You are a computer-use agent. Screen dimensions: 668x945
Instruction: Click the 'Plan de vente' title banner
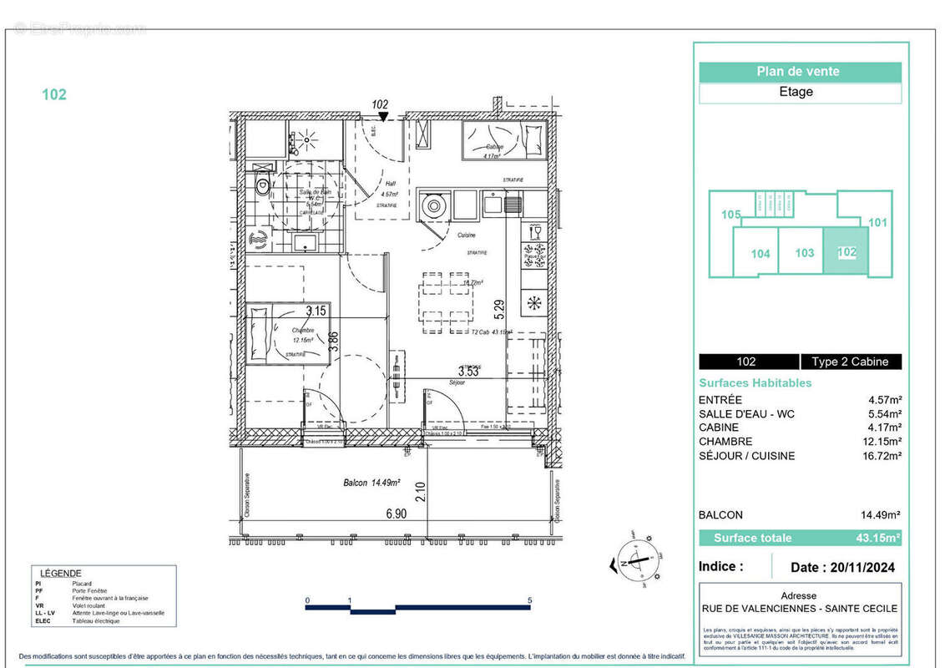pyautogui.click(x=799, y=72)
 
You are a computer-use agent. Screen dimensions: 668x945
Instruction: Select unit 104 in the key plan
pyautogui.click(x=760, y=254)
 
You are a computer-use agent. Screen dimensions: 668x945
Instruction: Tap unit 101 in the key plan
pyautogui.click(x=877, y=223)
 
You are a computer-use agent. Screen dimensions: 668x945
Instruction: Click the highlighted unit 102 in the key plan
pyautogui.click(x=846, y=250)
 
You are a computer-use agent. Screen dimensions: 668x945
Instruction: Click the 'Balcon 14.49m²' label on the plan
pyautogui.click(x=371, y=483)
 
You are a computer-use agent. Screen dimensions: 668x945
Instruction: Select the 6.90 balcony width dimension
pyautogui.click(x=396, y=514)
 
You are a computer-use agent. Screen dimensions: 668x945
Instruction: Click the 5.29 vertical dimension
pyautogui.click(x=498, y=311)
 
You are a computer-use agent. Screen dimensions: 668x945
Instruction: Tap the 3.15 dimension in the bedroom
pyautogui.click(x=316, y=311)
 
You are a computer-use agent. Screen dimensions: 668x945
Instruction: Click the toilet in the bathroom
pyautogui.click(x=262, y=187)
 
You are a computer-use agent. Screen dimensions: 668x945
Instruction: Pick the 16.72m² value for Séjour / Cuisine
pyautogui.click(x=877, y=456)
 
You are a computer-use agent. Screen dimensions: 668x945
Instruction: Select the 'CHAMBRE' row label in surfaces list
pyautogui.click(x=725, y=442)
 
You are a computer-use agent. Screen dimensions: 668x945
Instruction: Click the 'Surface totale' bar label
pyautogui.click(x=752, y=538)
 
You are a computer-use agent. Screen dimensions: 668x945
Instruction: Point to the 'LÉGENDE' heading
pyautogui.click(x=61, y=573)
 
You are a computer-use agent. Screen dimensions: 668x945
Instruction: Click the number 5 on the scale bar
pyautogui.click(x=530, y=600)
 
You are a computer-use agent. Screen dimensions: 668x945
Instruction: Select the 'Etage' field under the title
pyautogui.click(x=799, y=93)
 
